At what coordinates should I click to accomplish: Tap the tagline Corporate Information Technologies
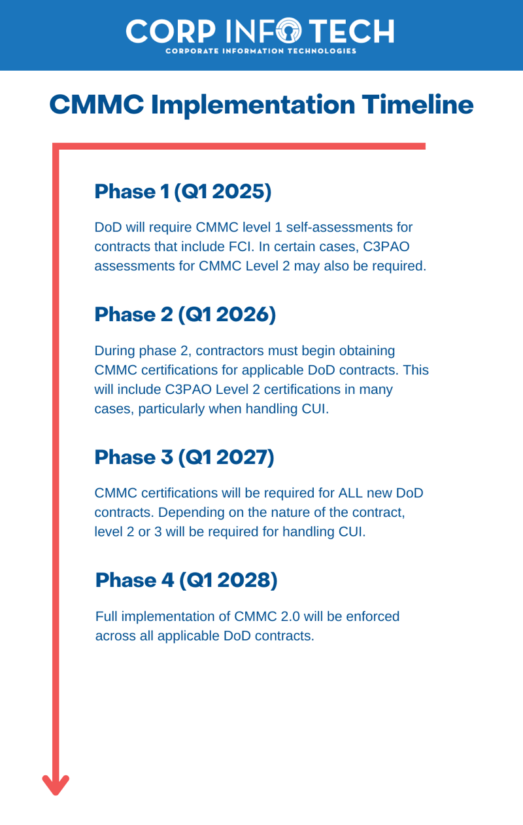[261, 51]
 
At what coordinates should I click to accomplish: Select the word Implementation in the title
[252, 105]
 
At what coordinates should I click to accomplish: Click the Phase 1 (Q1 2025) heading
[183, 192]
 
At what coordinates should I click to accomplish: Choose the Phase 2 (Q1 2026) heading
[186, 315]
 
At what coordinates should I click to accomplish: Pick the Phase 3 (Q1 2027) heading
[184, 457]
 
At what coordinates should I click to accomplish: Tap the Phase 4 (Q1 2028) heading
[186, 580]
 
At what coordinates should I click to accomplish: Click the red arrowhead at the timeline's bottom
[56, 784]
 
